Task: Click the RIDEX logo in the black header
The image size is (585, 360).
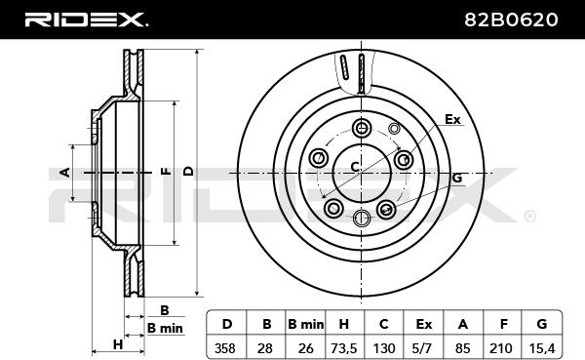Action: [x=86, y=20]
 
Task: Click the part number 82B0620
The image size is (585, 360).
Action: [x=511, y=20]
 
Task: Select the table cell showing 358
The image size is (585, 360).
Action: [x=225, y=348]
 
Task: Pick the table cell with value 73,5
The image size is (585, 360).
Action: [x=344, y=348]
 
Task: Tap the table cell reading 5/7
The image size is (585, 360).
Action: [x=423, y=348]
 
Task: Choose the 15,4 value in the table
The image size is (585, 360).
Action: [x=542, y=348]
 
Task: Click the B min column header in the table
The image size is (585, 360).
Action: [x=305, y=324]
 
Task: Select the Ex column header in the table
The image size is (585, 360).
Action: [x=423, y=324]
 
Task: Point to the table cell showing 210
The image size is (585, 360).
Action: [x=501, y=348]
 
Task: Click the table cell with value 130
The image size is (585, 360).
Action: [x=384, y=348]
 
